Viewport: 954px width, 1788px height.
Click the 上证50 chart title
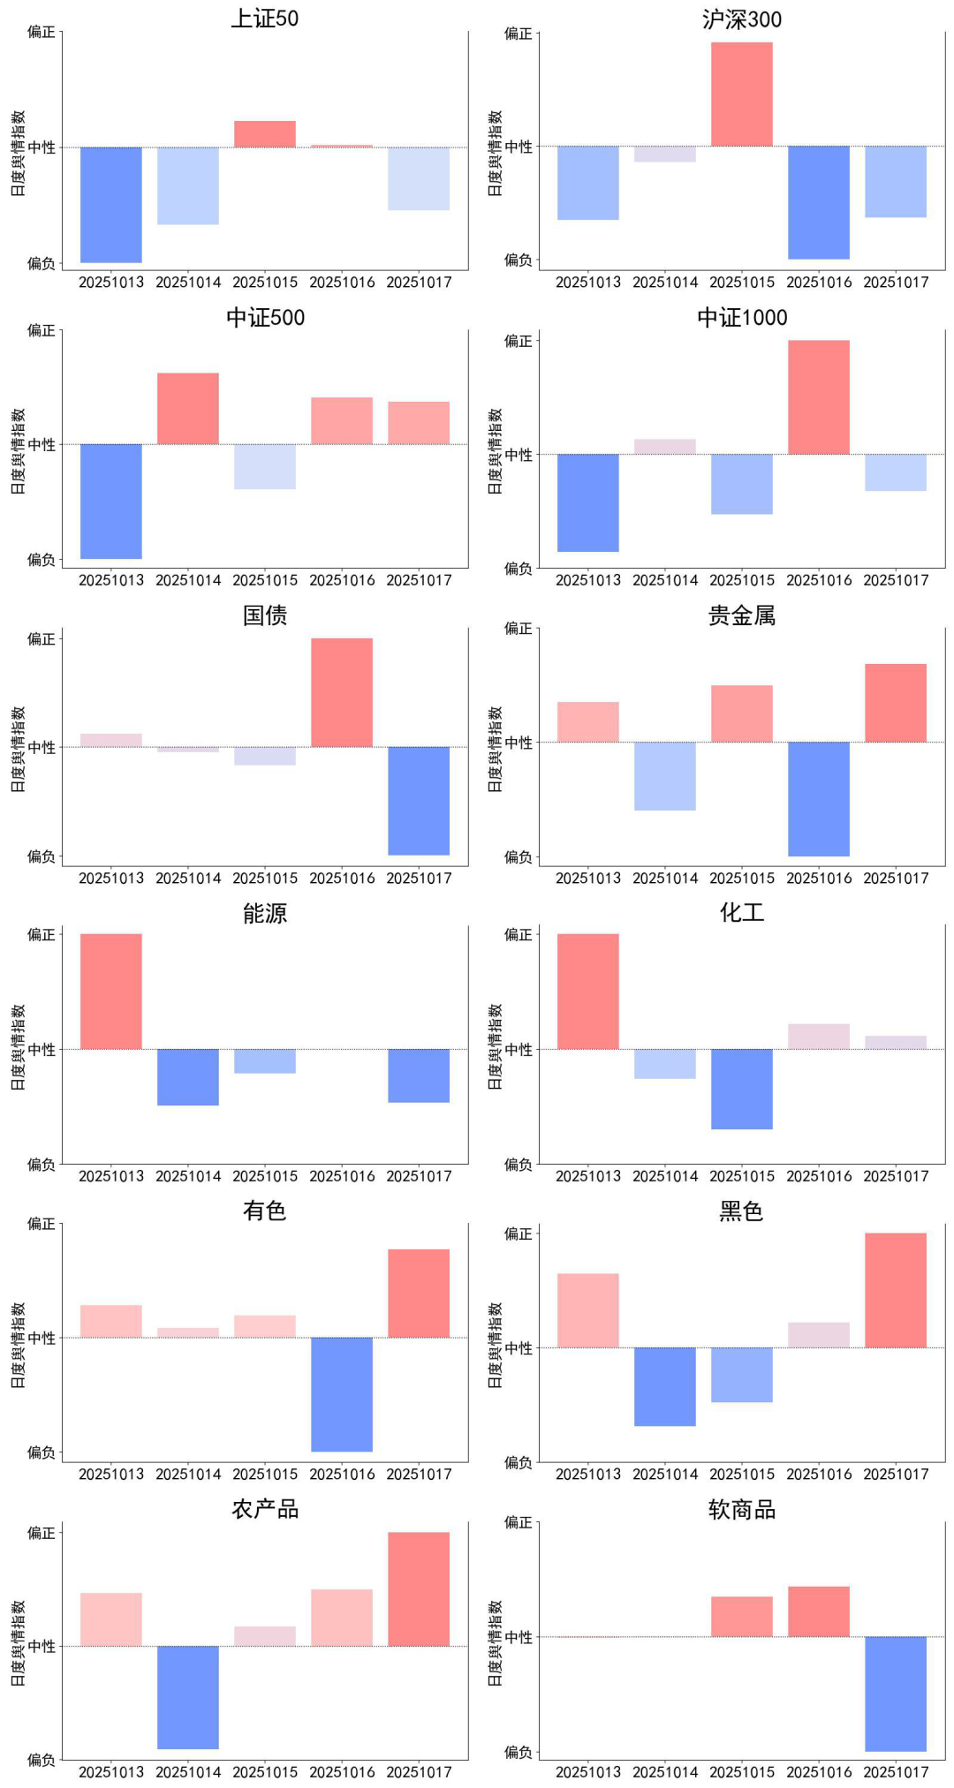tap(265, 19)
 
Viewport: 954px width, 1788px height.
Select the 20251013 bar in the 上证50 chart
tap(111, 205)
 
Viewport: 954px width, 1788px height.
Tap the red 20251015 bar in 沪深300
tap(742, 94)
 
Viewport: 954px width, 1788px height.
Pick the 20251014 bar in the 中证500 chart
tap(188, 409)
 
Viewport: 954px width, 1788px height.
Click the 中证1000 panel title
tap(742, 317)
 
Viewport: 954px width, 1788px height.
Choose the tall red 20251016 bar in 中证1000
tap(819, 397)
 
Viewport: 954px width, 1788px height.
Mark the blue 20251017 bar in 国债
tap(419, 801)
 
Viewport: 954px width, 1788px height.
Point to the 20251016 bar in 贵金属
tap(819, 799)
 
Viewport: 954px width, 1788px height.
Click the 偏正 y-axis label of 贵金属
tap(519, 629)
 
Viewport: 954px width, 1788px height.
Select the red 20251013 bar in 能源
tap(111, 992)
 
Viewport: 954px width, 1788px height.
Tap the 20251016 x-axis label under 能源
tap(342, 1176)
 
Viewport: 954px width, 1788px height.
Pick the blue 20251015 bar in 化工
tap(742, 1089)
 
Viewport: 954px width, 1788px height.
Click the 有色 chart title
tap(265, 1211)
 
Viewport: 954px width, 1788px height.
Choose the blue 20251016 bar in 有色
tap(342, 1394)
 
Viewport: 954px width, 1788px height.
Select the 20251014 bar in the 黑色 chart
tap(665, 1386)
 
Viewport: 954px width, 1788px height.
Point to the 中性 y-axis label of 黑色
tap(519, 1348)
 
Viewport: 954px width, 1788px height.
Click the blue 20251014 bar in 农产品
tap(188, 1697)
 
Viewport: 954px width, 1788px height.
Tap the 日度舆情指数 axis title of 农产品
tap(19, 1643)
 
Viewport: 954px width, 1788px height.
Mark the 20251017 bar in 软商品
tap(896, 1694)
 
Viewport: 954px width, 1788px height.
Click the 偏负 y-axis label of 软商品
tap(519, 1752)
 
